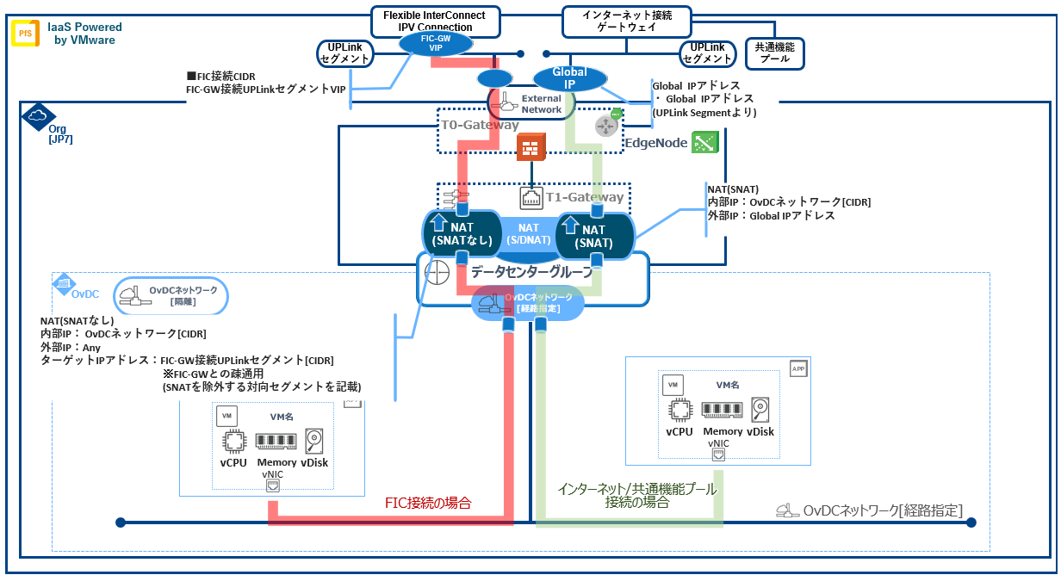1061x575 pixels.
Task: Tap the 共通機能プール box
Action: [774, 53]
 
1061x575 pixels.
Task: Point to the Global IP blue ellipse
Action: [569, 78]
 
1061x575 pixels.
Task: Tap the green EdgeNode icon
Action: [704, 143]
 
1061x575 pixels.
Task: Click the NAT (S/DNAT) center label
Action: [528, 233]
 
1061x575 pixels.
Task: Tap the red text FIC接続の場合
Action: [428, 501]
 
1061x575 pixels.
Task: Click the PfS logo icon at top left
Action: [23, 34]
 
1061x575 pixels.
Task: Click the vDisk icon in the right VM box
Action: [760, 409]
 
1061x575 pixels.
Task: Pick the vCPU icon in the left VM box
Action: [233, 442]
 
